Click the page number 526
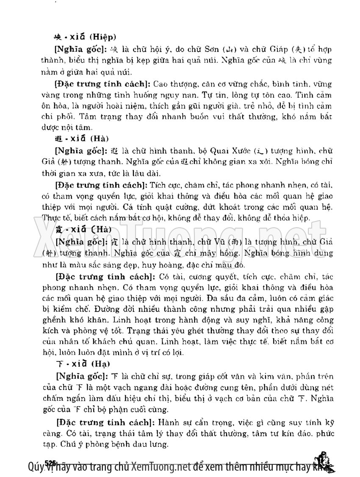(x=50, y=462)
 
